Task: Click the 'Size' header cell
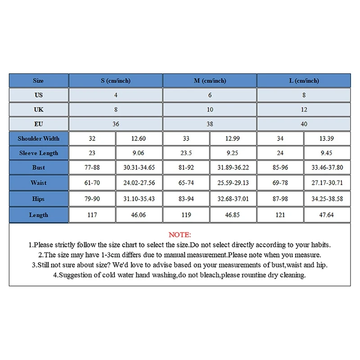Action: tap(38, 81)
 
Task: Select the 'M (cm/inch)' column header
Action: tap(210, 81)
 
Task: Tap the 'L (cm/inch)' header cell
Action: tap(304, 81)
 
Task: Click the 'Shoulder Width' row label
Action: tap(38, 139)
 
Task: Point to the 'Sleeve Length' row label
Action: tap(38, 153)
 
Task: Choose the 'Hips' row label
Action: tap(38, 199)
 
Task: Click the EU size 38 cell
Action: tap(210, 124)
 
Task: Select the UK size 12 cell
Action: tap(304, 109)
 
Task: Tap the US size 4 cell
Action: tap(116, 95)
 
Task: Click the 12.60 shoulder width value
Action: tap(139, 139)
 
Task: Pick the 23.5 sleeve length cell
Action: tap(186, 153)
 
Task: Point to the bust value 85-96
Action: tap(280, 167)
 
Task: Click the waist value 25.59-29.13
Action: tap(233, 183)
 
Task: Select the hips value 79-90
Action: tap(92, 199)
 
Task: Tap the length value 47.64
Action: tap(327, 215)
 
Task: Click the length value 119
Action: tap(186, 215)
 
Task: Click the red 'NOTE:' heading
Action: tap(180, 235)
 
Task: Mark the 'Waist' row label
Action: tap(38, 183)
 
